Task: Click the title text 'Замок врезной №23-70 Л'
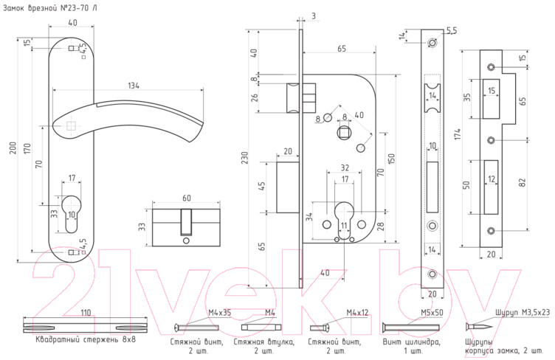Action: [50, 8]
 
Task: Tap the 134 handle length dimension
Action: [134, 86]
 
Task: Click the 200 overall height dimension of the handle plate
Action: [13, 148]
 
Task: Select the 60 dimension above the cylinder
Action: [187, 198]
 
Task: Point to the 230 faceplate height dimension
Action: [244, 158]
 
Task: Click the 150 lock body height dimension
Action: [391, 159]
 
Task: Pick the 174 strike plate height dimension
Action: [458, 134]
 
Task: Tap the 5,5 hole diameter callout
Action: [451, 31]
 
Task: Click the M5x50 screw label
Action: [432, 313]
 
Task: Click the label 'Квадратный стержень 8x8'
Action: [86, 339]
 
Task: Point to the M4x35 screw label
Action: [219, 313]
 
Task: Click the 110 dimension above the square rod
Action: [86, 313]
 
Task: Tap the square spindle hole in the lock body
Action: [344, 133]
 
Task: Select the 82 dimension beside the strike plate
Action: [523, 182]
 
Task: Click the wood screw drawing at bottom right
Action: [478, 326]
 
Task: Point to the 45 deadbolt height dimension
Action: [262, 187]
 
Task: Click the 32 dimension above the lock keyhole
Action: [345, 167]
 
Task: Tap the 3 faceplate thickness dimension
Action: [314, 16]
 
